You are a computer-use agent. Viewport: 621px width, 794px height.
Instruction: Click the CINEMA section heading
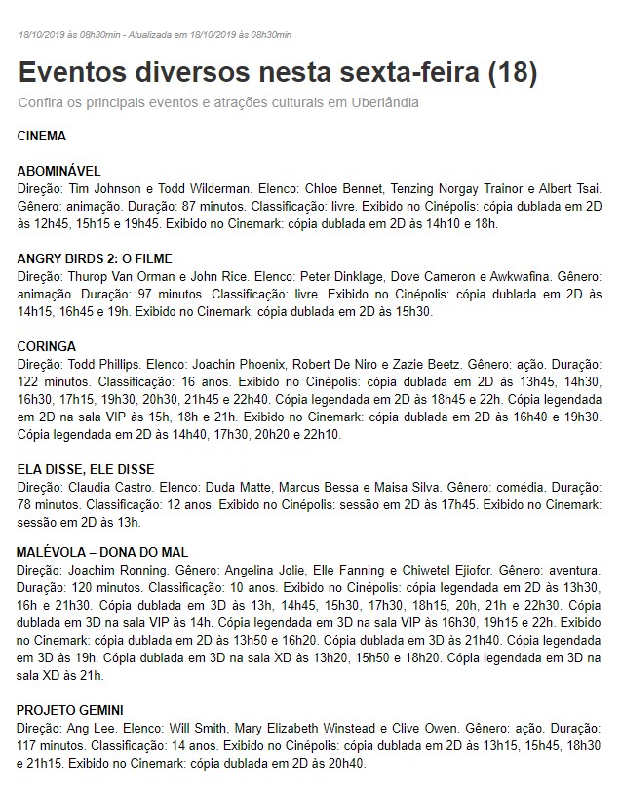42,136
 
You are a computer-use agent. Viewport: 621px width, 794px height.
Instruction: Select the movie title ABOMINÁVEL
59,171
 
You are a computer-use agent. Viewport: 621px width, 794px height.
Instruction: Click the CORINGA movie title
47,346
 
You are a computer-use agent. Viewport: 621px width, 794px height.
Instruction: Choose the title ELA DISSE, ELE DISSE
86,469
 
